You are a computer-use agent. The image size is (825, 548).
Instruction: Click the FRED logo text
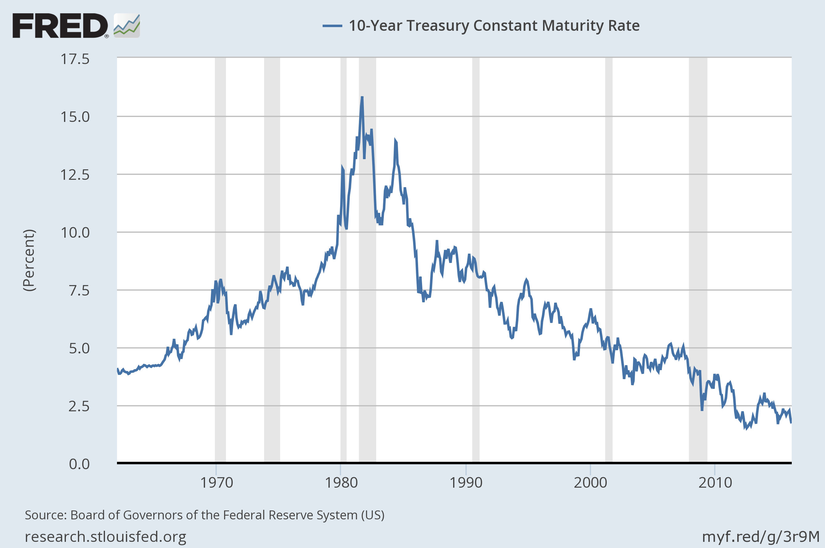[x=60, y=26]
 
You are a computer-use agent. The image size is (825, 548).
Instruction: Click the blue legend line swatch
[x=332, y=26]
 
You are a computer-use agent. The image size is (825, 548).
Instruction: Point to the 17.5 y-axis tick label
[x=75, y=59]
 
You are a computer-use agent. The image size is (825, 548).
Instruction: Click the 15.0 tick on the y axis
[x=75, y=117]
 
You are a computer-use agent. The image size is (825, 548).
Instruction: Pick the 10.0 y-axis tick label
[x=75, y=233]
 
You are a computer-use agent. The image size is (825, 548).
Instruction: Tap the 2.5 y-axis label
[x=79, y=406]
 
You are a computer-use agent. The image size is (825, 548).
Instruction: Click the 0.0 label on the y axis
[x=79, y=464]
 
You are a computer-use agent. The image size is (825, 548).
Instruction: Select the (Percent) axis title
[x=29, y=260]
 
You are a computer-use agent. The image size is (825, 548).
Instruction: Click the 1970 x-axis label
[x=216, y=483]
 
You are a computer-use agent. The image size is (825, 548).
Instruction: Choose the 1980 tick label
[x=341, y=483]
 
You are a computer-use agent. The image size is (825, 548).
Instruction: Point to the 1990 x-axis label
[x=465, y=483]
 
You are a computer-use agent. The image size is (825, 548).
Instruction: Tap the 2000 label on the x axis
[x=590, y=483]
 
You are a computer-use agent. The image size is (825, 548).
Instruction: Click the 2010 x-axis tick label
[x=715, y=483]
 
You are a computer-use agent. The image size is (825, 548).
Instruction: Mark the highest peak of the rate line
[x=362, y=98]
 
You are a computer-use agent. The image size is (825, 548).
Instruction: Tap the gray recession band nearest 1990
[x=476, y=259]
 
